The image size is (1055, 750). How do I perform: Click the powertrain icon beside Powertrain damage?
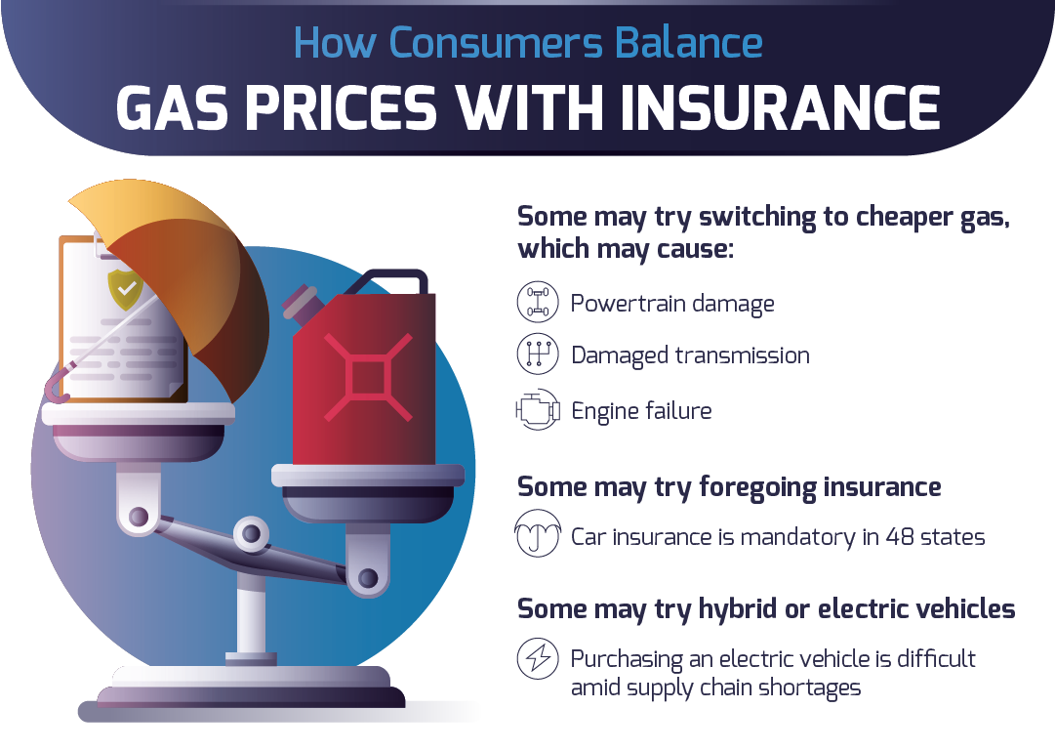[538, 302]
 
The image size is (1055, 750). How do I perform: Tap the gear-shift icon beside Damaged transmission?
[538, 354]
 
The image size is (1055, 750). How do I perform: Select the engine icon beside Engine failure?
[538, 410]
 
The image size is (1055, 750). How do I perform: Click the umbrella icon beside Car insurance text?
[538, 535]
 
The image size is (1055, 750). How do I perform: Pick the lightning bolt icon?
[538, 660]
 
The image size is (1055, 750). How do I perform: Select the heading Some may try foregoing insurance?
[729, 486]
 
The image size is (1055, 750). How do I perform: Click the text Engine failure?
[641, 410]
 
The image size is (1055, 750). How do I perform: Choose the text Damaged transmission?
[690, 354]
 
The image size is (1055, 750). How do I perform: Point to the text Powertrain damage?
[672, 303]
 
